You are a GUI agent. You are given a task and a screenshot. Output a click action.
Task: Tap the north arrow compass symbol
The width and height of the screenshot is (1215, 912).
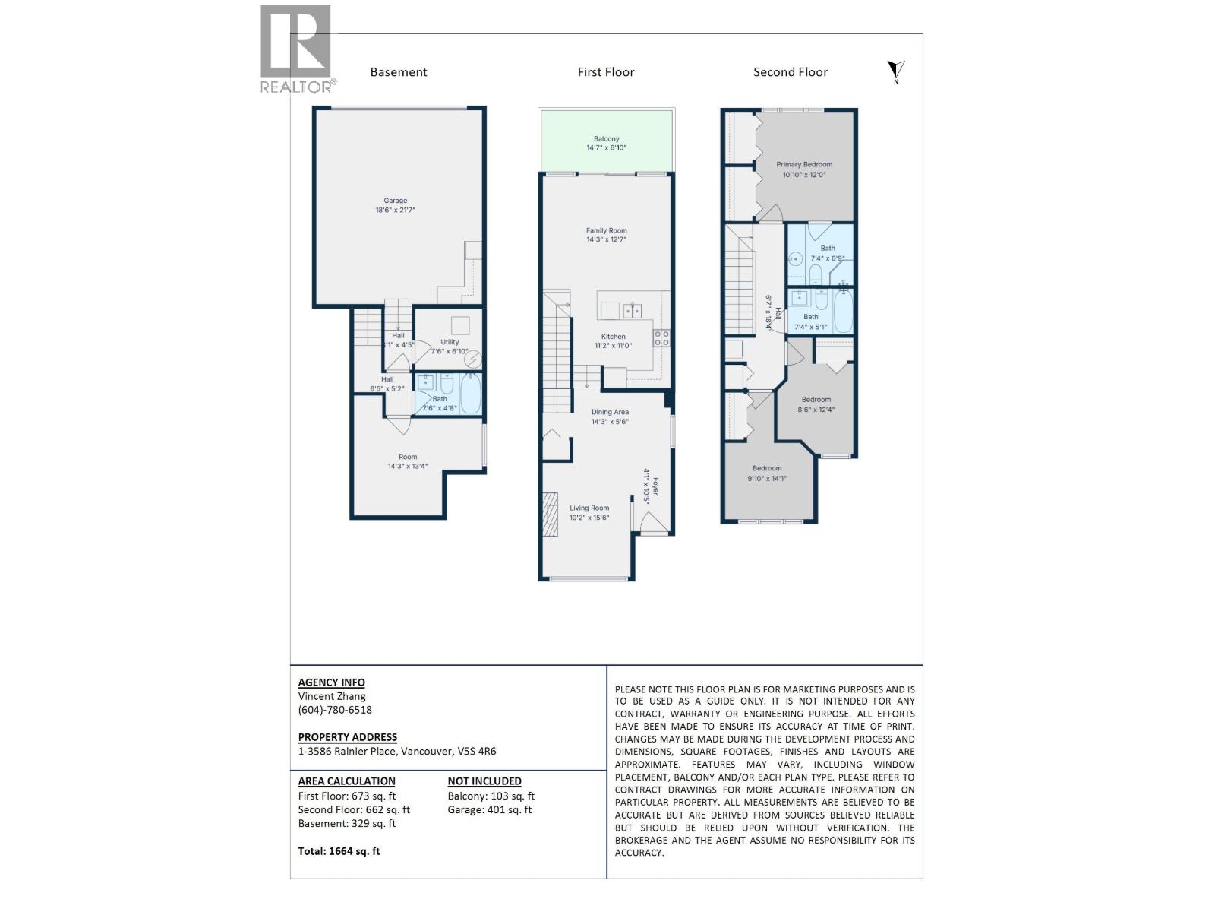pyautogui.click(x=896, y=71)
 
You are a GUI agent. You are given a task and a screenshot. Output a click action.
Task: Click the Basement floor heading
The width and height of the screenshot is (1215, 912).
pyautogui.click(x=398, y=72)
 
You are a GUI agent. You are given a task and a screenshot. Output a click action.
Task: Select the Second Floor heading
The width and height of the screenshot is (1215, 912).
pyautogui.click(x=790, y=72)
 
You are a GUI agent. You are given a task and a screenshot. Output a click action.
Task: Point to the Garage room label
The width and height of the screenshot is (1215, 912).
pyautogui.click(x=395, y=201)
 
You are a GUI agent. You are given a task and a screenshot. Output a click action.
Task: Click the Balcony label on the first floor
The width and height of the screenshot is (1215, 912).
pyautogui.click(x=606, y=139)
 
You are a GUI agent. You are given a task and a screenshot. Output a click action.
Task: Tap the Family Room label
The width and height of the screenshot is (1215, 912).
pyautogui.click(x=606, y=230)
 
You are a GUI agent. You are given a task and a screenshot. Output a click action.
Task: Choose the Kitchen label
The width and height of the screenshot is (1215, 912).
pyautogui.click(x=613, y=337)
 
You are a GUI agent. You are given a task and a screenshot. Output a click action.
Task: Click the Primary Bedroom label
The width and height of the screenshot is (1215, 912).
pyautogui.click(x=803, y=164)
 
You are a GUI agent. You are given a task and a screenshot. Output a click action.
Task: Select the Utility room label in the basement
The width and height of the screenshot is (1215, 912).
pyautogui.click(x=450, y=342)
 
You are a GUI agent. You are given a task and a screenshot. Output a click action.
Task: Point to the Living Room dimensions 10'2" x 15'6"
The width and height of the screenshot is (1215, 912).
pyautogui.click(x=589, y=518)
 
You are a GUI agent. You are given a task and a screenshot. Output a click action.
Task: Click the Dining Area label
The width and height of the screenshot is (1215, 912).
pyautogui.click(x=610, y=412)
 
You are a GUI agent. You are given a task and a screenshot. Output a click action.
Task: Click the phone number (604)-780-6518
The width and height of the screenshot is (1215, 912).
pyautogui.click(x=335, y=710)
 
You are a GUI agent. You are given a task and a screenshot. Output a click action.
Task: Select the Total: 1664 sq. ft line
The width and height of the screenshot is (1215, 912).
pyautogui.click(x=339, y=851)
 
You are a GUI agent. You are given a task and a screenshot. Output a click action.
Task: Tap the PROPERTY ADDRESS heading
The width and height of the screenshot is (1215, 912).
pyautogui.click(x=347, y=737)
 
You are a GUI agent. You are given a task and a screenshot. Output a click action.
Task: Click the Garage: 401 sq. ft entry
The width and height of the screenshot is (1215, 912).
pyautogui.click(x=489, y=809)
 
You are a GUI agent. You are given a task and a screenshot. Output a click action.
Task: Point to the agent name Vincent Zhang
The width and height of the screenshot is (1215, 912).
pyautogui.click(x=332, y=696)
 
